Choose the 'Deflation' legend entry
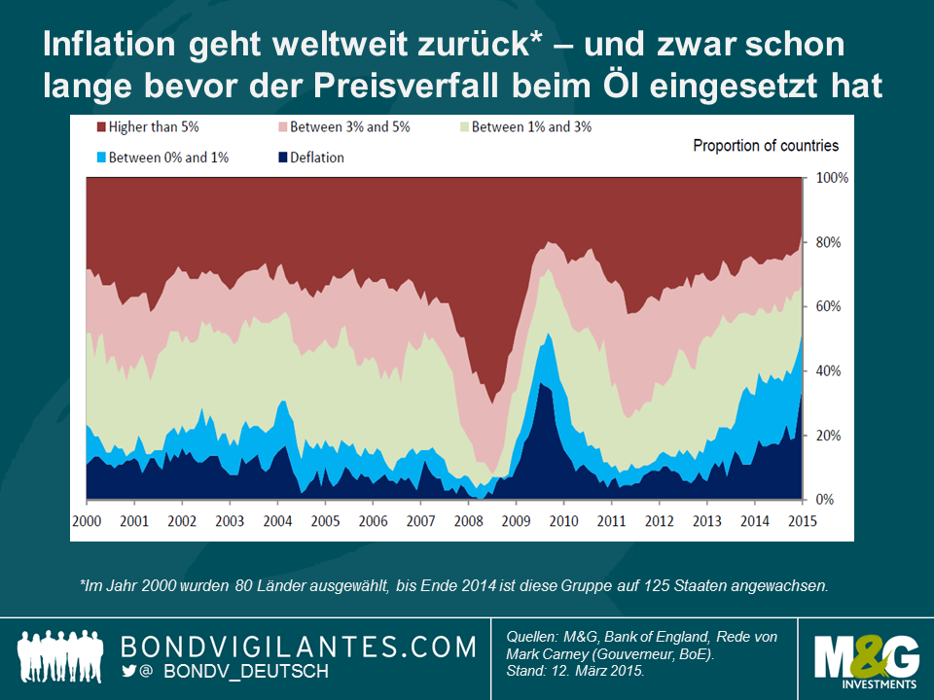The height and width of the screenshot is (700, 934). [x=311, y=157]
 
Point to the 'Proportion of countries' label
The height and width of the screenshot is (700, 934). [x=765, y=146]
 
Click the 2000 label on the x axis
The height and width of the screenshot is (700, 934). [x=87, y=520]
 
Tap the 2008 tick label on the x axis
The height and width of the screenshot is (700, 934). [x=468, y=520]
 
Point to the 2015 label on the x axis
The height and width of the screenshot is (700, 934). [x=802, y=520]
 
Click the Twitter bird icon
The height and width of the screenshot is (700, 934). [x=129, y=671]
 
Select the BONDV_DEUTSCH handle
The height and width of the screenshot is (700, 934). [x=246, y=672]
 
